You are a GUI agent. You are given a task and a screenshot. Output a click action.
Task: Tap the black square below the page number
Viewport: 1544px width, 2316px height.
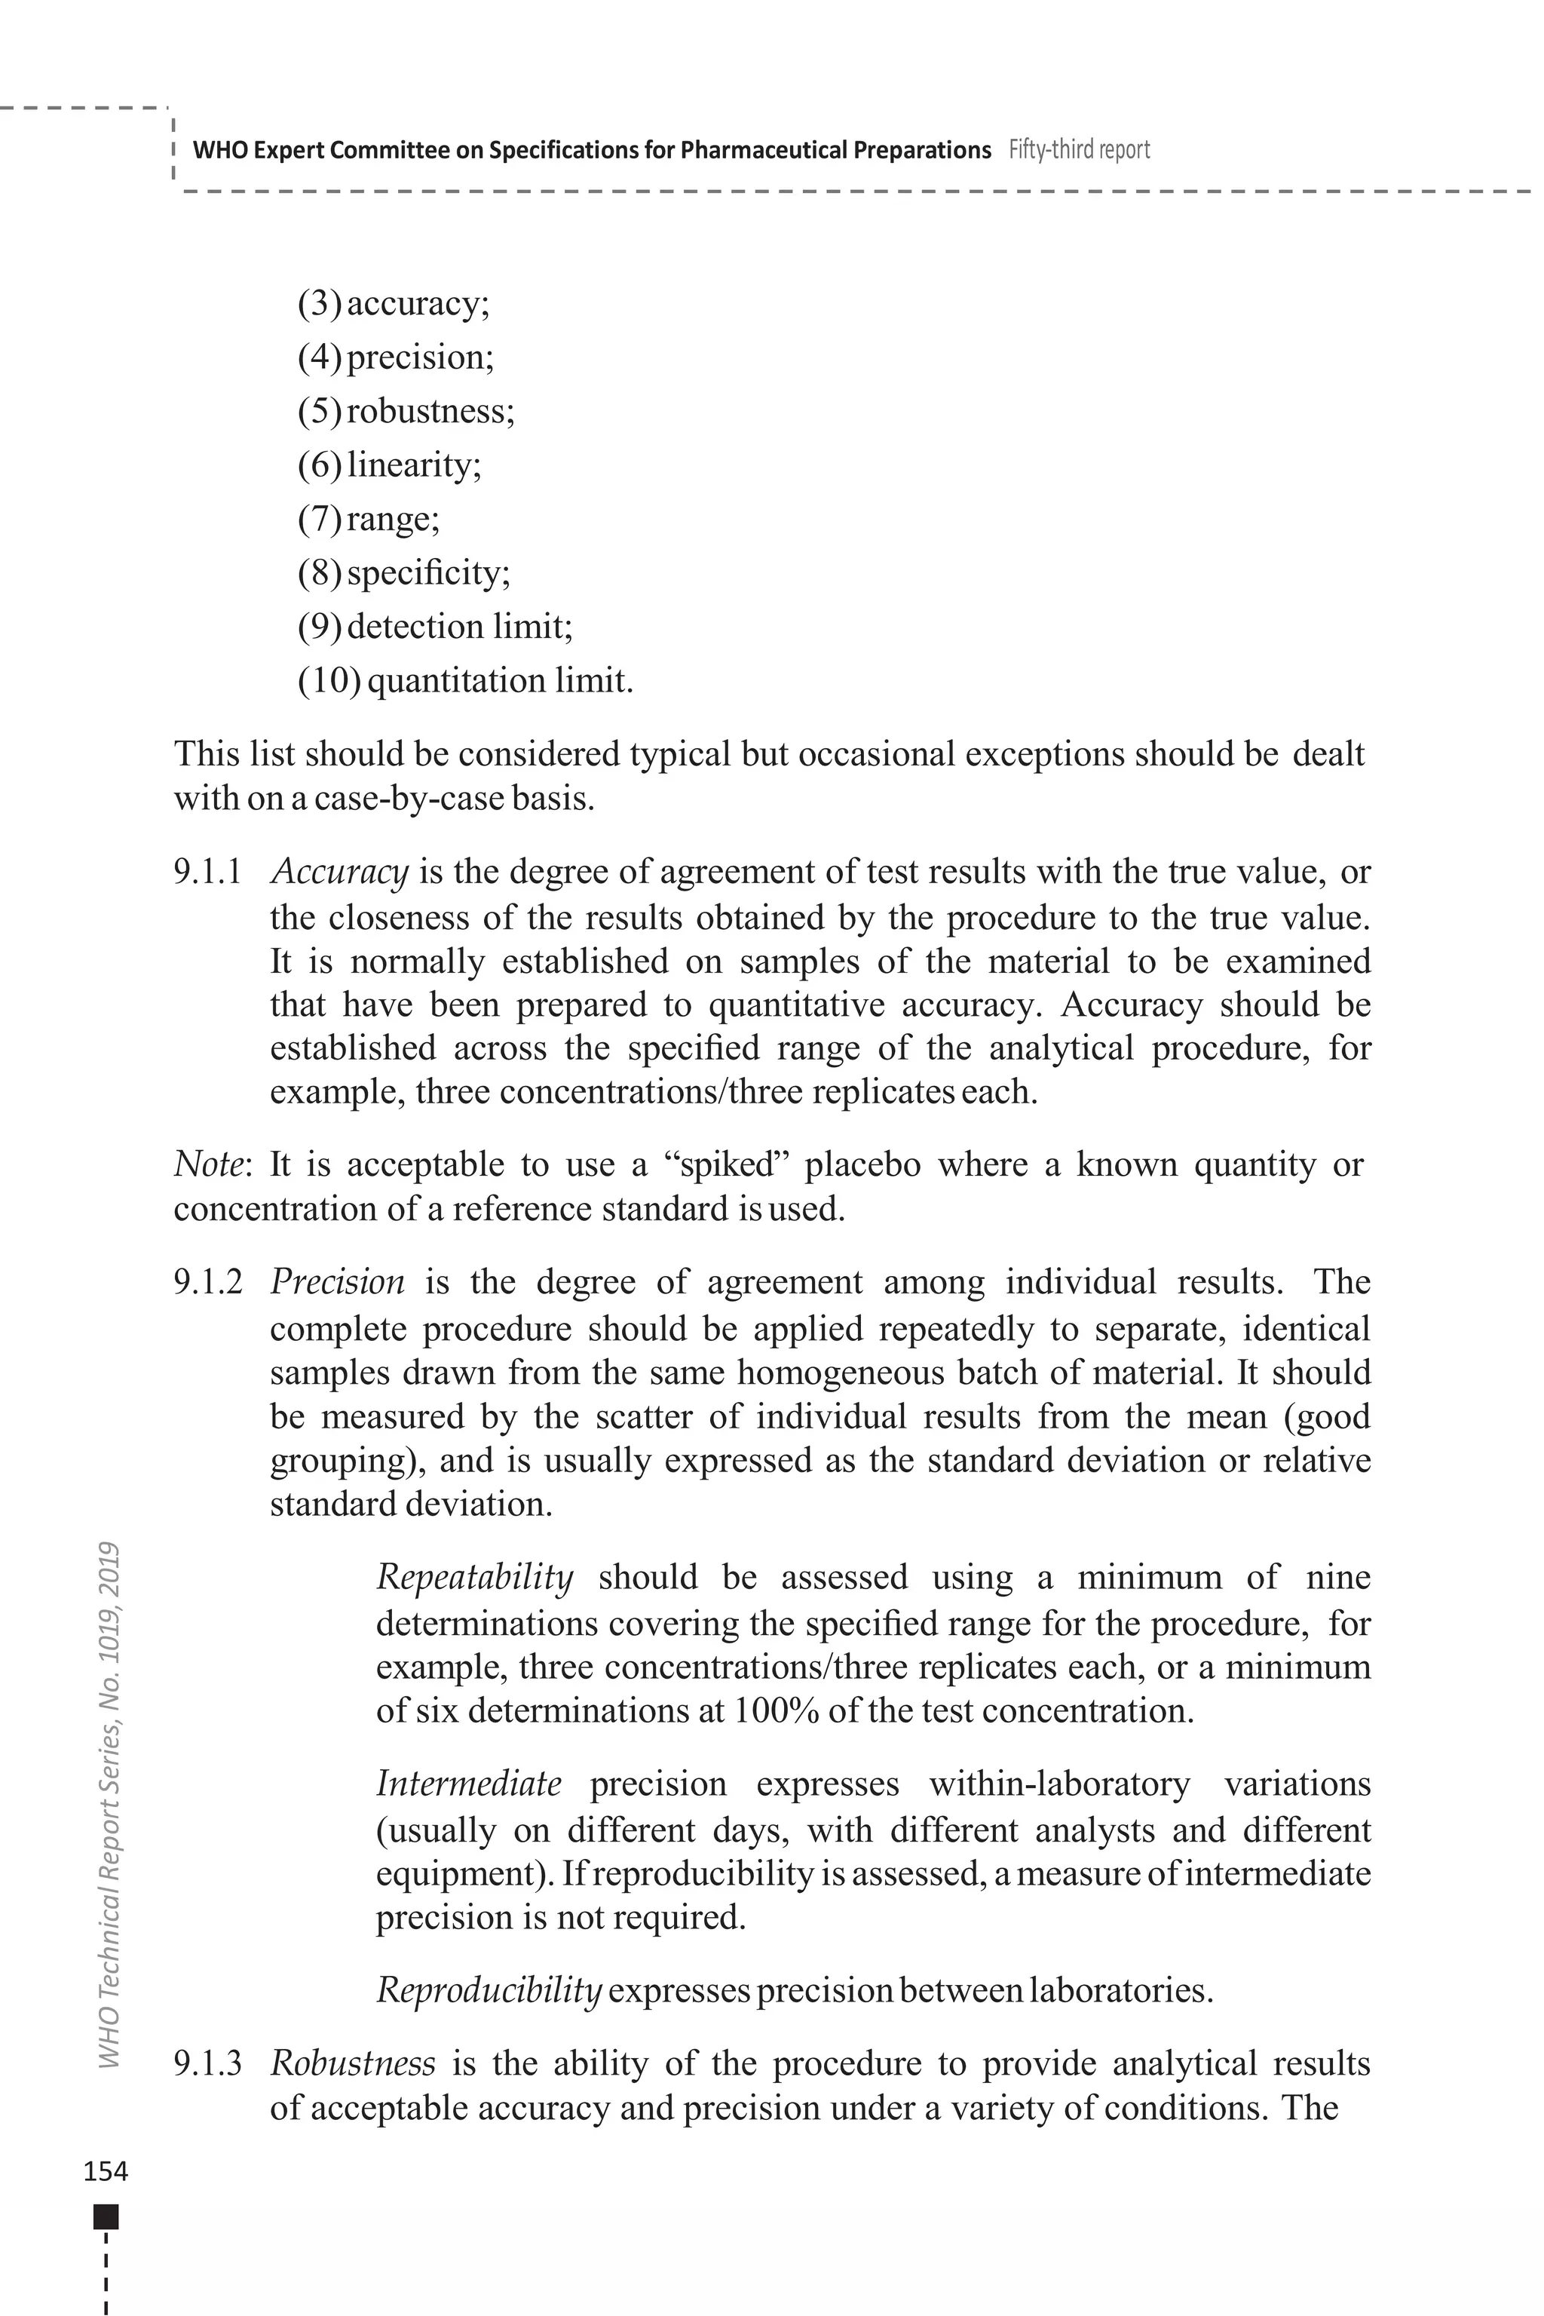coord(106,2216)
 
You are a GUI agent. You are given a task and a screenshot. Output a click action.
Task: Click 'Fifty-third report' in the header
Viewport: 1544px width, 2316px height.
coord(1080,150)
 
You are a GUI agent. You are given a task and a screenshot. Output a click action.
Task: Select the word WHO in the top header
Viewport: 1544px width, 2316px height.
coord(216,151)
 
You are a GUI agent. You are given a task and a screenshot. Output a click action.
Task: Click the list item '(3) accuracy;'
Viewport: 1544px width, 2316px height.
coord(393,303)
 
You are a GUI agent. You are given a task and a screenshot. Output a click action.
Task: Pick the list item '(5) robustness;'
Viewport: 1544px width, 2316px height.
coord(406,411)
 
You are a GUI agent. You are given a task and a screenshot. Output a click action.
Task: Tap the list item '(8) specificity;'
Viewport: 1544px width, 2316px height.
coord(404,572)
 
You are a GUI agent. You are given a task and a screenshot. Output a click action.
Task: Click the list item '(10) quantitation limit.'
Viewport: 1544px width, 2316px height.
coord(464,681)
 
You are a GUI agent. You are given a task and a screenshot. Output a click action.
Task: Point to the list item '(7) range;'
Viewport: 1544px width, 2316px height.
coord(368,518)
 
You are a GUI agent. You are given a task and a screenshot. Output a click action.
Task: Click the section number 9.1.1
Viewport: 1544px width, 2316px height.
coord(208,872)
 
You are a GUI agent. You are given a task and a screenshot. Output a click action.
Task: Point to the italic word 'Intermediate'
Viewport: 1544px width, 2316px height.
coord(469,1785)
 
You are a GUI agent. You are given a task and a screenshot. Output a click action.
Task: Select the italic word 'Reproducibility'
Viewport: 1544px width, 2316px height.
coord(489,1991)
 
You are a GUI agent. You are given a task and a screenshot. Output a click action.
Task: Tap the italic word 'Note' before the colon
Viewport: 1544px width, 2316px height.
coord(207,1165)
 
